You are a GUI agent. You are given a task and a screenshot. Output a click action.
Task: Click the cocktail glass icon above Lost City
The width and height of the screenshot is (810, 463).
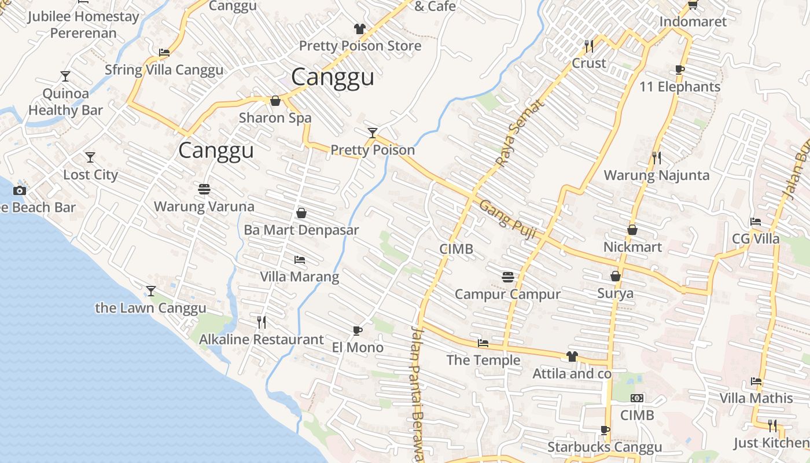(x=90, y=157)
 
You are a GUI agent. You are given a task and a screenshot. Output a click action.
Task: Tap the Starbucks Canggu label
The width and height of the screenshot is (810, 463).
(x=605, y=447)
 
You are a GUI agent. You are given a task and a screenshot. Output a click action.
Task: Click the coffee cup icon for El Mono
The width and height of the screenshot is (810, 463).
(x=358, y=330)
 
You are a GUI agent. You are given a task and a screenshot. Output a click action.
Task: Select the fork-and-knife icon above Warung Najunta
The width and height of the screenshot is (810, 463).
(x=656, y=157)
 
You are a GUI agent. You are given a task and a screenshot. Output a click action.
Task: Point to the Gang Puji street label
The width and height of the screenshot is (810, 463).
(x=509, y=221)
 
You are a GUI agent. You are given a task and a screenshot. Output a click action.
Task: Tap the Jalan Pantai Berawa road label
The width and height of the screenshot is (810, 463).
(x=418, y=394)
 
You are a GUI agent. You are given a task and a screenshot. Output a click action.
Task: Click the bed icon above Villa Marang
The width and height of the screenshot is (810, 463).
(x=300, y=260)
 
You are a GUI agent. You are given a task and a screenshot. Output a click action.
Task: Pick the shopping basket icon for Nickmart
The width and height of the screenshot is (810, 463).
(x=632, y=230)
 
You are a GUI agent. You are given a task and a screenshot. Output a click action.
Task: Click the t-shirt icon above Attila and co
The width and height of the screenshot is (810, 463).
(x=572, y=356)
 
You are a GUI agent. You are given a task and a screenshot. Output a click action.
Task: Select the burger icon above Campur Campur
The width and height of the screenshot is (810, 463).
(x=507, y=277)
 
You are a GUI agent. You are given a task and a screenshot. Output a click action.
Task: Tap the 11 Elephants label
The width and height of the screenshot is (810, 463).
(x=680, y=87)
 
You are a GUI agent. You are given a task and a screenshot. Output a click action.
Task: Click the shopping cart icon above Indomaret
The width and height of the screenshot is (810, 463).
(x=693, y=5)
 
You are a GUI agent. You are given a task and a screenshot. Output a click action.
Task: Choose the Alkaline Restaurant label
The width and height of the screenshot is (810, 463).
(x=261, y=340)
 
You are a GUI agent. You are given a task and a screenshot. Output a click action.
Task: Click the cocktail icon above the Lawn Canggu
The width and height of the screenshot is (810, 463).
(x=151, y=291)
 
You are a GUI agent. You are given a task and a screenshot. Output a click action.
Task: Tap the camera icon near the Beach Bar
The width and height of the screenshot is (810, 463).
(x=20, y=190)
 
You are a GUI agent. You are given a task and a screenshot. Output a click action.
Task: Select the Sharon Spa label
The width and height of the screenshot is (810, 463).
(x=275, y=118)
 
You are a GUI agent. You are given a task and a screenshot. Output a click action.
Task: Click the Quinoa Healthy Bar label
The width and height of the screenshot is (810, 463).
(x=65, y=102)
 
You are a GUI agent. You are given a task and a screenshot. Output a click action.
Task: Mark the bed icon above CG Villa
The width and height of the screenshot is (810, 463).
(x=756, y=221)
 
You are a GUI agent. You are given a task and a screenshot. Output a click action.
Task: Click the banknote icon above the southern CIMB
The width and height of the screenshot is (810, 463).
(x=637, y=398)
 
